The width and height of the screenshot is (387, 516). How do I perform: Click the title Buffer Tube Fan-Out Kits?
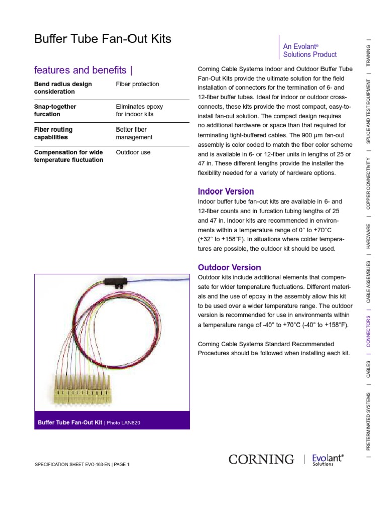pyautogui.click(x=102, y=39)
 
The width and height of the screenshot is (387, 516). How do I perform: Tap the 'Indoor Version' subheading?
pyautogui.click(x=226, y=191)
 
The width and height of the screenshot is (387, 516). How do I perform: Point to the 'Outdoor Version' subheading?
pyautogui.click(x=229, y=267)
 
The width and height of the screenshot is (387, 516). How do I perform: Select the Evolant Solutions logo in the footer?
pyautogui.click(x=328, y=459)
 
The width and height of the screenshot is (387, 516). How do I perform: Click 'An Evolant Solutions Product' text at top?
pyautogui.click(x=309, y=50)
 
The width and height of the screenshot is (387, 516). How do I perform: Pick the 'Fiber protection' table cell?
pyautogui.click(x=138, y=84)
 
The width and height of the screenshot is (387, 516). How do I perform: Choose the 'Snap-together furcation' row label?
pyautogui.click(x=55, y=110)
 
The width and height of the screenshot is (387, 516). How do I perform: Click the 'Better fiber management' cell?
pyautogui.click(x=134, y=133)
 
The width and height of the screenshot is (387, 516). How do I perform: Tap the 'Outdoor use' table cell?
pyautogui.click(x=133, y=152)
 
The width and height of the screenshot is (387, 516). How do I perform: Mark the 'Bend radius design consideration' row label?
pyautogui.click(x=63, y=88)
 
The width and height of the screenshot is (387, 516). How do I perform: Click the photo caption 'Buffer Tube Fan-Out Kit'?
pyautogui.click(x=70, y=422)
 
